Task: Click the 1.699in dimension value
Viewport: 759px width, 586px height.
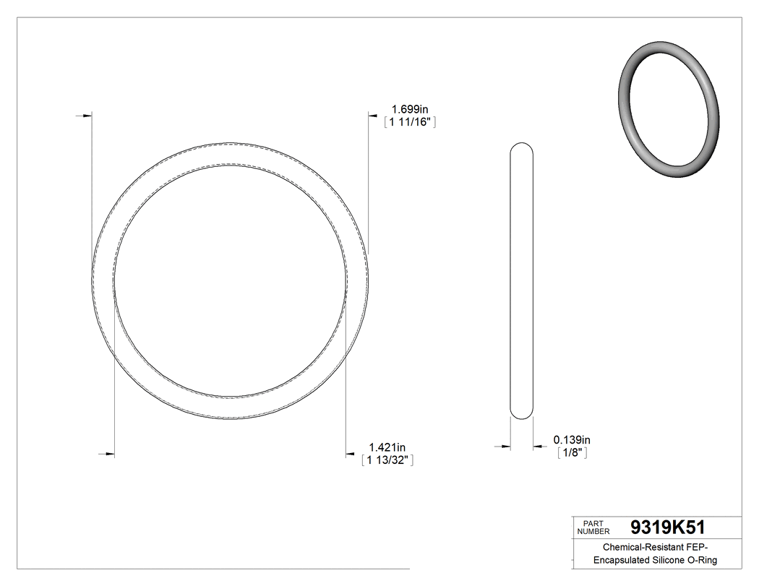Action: click(409, 109)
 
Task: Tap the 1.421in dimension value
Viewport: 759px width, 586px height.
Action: click(387, 447)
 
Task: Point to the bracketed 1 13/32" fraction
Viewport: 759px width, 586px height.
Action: click(387, 460)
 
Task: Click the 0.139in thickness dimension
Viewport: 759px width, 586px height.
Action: click(573, 439)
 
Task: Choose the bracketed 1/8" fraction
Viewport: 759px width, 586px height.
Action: click(571, 453)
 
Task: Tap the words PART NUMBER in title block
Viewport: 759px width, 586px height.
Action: click(593, 527)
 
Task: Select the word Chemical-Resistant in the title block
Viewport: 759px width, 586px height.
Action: click(635, 548)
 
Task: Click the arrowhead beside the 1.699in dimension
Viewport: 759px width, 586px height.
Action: click(373, 113)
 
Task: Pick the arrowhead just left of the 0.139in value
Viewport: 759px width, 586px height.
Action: click(538, 447)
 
